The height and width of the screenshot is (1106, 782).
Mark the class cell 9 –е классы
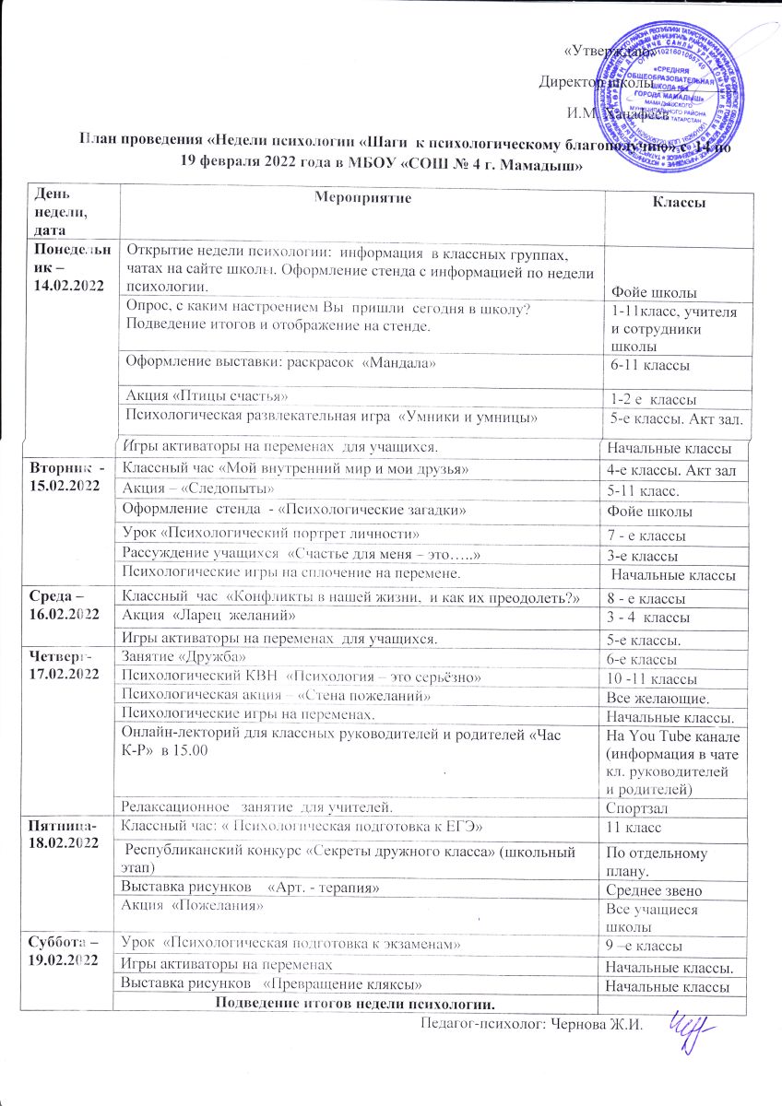[x=641, y=947]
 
